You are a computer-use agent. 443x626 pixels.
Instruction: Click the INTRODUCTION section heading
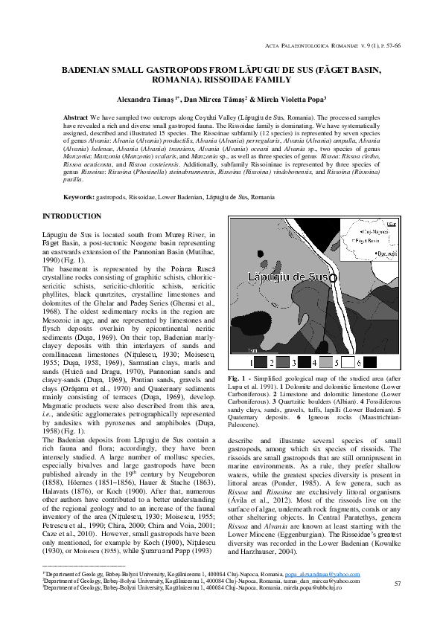point(72,216)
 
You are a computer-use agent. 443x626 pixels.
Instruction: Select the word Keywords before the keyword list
point(79,197)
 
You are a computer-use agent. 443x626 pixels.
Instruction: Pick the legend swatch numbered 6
point(371,363)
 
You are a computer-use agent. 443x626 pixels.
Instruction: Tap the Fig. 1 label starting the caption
point(237,379)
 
